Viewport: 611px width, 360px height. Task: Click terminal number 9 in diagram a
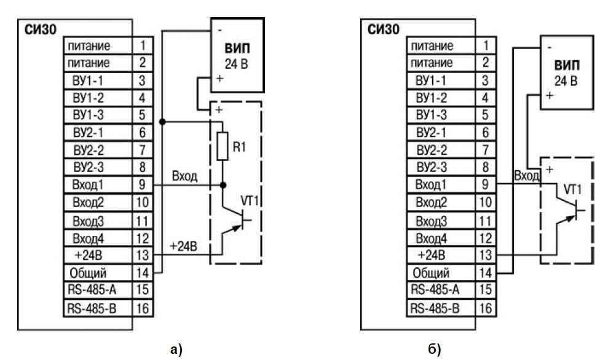click(141, 184)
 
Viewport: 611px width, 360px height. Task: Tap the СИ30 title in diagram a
click(36, 29)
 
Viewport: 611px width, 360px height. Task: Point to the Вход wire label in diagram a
click(185, 176)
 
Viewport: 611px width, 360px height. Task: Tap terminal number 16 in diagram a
click(141, 307)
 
